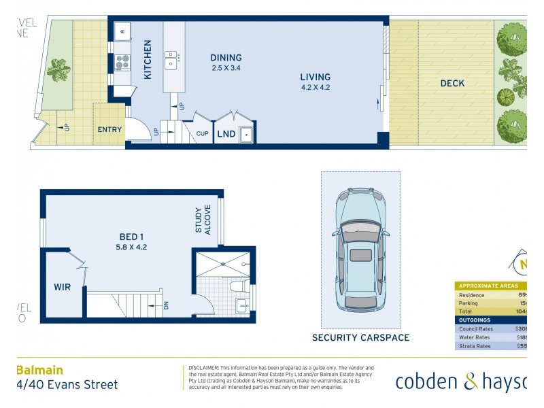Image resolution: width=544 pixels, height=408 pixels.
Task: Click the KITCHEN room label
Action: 148,59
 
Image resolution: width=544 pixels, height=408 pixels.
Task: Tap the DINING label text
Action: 226,58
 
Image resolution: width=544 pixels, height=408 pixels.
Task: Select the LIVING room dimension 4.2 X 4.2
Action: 315,87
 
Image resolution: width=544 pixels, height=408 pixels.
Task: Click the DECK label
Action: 452,84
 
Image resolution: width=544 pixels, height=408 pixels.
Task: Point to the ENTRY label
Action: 109,130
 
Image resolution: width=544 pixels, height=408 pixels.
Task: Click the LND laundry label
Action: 226,134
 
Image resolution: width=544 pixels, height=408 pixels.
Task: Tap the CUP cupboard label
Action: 202,134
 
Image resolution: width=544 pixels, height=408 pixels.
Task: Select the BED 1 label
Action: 132,237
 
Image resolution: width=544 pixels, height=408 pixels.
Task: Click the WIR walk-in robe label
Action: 62,287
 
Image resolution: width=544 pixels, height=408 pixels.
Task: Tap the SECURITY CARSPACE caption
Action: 360,337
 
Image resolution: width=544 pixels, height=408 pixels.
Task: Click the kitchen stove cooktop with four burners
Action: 122,63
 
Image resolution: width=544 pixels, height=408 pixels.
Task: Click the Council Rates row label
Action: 476,329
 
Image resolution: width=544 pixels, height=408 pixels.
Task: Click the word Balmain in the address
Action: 39,371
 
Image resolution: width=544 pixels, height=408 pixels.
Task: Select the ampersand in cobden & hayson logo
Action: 471,382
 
